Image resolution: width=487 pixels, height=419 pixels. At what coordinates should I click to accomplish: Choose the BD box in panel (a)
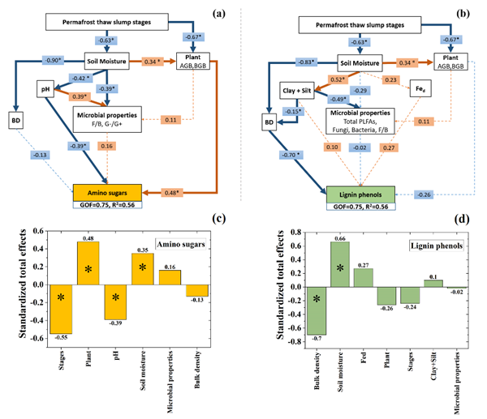pyautogui.click(x=17, y=122)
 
